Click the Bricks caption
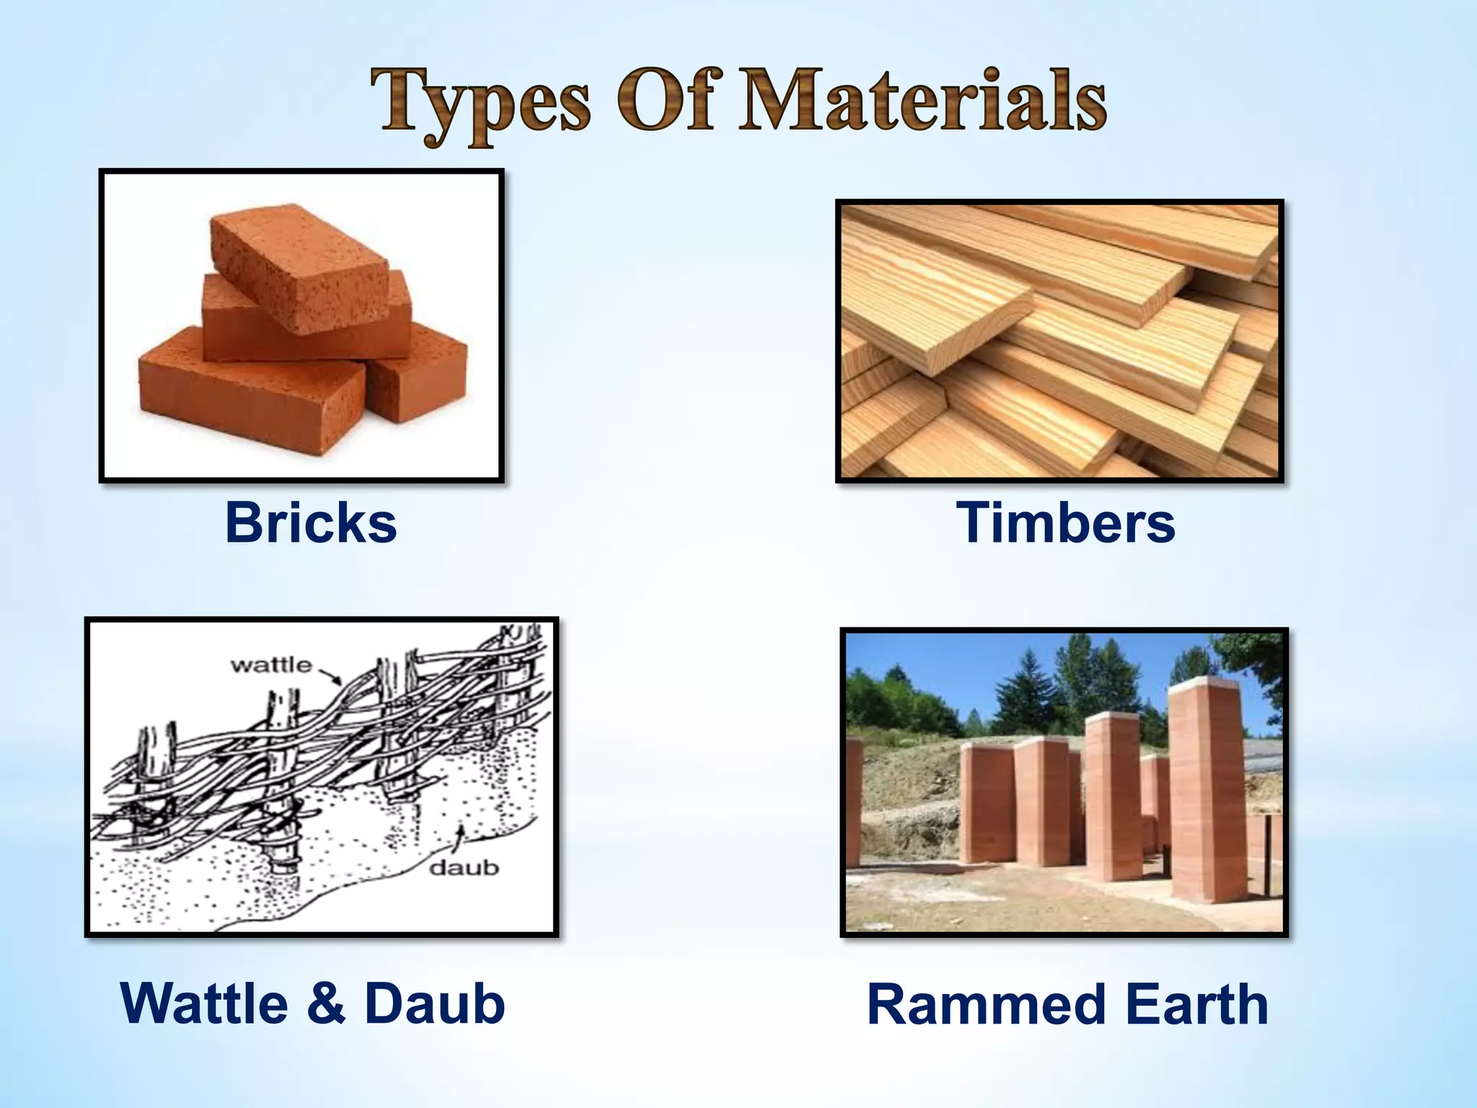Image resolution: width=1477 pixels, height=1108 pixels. tap(311, 523)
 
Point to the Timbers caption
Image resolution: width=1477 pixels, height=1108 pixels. tap(1066, 523)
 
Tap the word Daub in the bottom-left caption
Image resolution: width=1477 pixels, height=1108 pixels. tap(435, 1003)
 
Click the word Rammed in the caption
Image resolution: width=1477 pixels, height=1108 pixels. tap(987, 1005)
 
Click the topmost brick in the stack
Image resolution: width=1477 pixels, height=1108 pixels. tap(299, 267)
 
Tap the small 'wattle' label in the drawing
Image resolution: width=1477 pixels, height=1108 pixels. tap(271, 664)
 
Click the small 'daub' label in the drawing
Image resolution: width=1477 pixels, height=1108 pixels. tap(464, 867)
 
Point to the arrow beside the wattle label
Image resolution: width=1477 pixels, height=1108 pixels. tap(331, 676)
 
